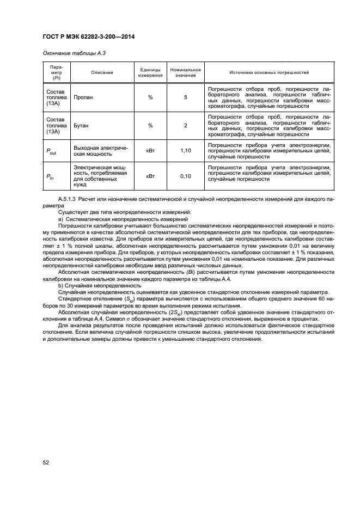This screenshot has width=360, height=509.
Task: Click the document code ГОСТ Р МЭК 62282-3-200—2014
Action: tap(88, 36)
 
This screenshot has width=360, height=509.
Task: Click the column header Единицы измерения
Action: tap(150, 72)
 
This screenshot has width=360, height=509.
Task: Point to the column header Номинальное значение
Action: tap(186, 72)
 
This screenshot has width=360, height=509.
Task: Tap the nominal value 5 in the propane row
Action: tap(186, 97)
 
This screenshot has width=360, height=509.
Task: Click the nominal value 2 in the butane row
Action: tap(186, 125)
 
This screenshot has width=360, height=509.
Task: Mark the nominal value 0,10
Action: tap(186, 176)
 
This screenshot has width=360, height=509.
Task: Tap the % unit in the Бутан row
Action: tap(150, 125)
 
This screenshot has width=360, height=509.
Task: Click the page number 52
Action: tap(46, 462)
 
